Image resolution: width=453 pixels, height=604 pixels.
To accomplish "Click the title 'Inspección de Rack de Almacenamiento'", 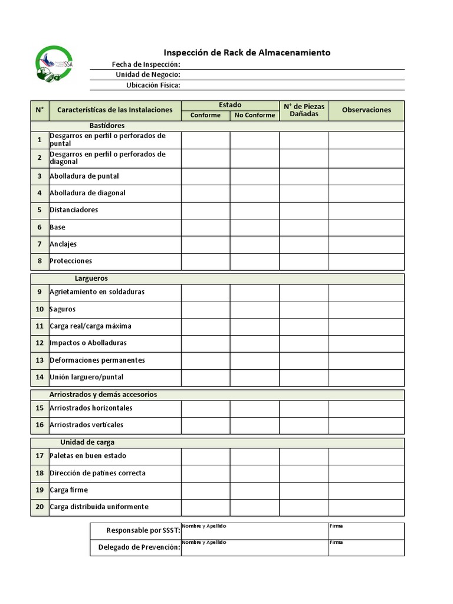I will pyautogui.click(x=247, y=52).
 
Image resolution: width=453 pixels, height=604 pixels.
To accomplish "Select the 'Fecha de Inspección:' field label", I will pyautogui.click(x=146, y=64).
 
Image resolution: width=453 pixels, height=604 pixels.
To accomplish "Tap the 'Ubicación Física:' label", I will pyautogui.click(x=153, y=85).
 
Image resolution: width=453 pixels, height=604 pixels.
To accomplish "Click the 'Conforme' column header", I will pyautogui.click(x=205, y=115).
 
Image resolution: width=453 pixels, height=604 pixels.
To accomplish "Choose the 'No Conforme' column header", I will pyautogui.click(x=254, y=115).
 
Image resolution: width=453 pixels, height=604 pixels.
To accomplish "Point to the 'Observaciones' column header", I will pyautogui.click(x=366, y=110).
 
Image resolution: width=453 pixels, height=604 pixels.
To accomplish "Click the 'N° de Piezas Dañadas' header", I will pyautogui.click(x=304, y=110).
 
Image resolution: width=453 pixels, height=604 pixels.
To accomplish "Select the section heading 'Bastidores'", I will pyautogui.click(x=107, y=126).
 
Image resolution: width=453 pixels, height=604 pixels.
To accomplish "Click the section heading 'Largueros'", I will pyautogui.click(x=91, y=278).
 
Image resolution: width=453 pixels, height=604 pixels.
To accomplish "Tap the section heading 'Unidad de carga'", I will pyautogui.click(x=87, y=442).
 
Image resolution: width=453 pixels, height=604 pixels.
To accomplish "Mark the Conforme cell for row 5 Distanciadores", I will pyautogui.click(x=205, y=210).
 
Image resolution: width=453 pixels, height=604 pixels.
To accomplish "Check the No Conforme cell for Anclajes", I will pyautogui.click(x=254, y=244).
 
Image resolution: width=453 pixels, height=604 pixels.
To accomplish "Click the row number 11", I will pyautogui.click(x=40, y=326).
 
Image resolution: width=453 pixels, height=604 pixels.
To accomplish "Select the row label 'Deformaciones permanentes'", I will pyautogui.click(x=97, y=360).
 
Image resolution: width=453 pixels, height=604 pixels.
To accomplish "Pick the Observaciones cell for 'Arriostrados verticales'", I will pyautogui.click(x=366, y=425).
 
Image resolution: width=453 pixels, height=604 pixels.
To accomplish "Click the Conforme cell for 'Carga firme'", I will pyautogui.click(x=205, y=490).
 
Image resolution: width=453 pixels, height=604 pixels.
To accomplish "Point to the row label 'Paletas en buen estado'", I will pyautogui.click(x=87, y=455).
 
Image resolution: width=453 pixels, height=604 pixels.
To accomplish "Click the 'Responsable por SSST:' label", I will pyautogui.click(x=143, y=531).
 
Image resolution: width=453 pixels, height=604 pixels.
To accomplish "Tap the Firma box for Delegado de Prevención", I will pyautogui.click(x=366, y=549).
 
